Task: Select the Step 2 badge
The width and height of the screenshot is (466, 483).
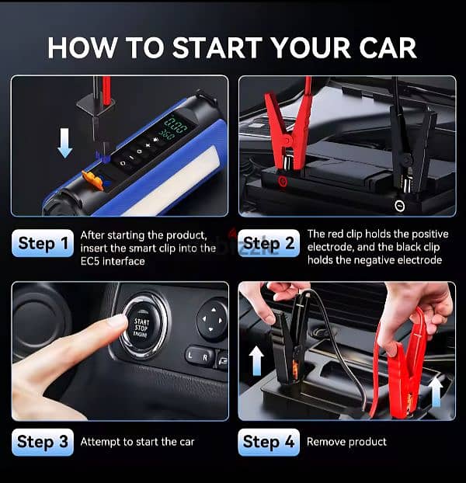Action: point(268,243)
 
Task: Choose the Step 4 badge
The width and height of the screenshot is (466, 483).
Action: point(269,442)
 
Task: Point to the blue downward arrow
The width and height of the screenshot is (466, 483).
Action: point(65,143)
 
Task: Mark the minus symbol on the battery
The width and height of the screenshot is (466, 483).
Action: point(398,206)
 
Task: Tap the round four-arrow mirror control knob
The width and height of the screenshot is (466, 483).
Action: point(211,318)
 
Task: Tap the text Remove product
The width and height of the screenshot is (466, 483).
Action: point(346,442)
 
